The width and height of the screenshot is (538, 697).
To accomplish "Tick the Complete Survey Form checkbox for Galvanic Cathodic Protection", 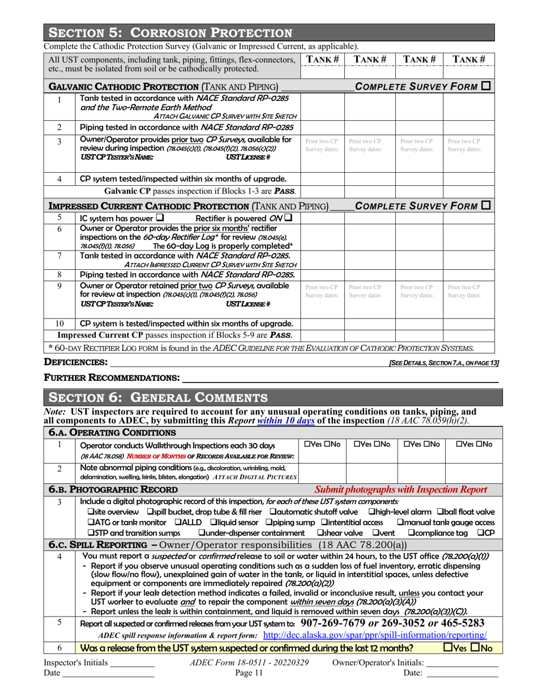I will coord(486,87).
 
